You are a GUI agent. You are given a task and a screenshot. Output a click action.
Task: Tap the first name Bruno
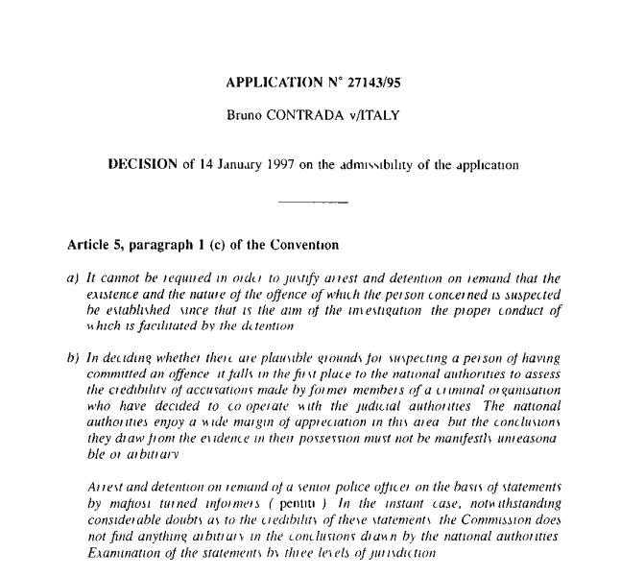click(x=245, y=118)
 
